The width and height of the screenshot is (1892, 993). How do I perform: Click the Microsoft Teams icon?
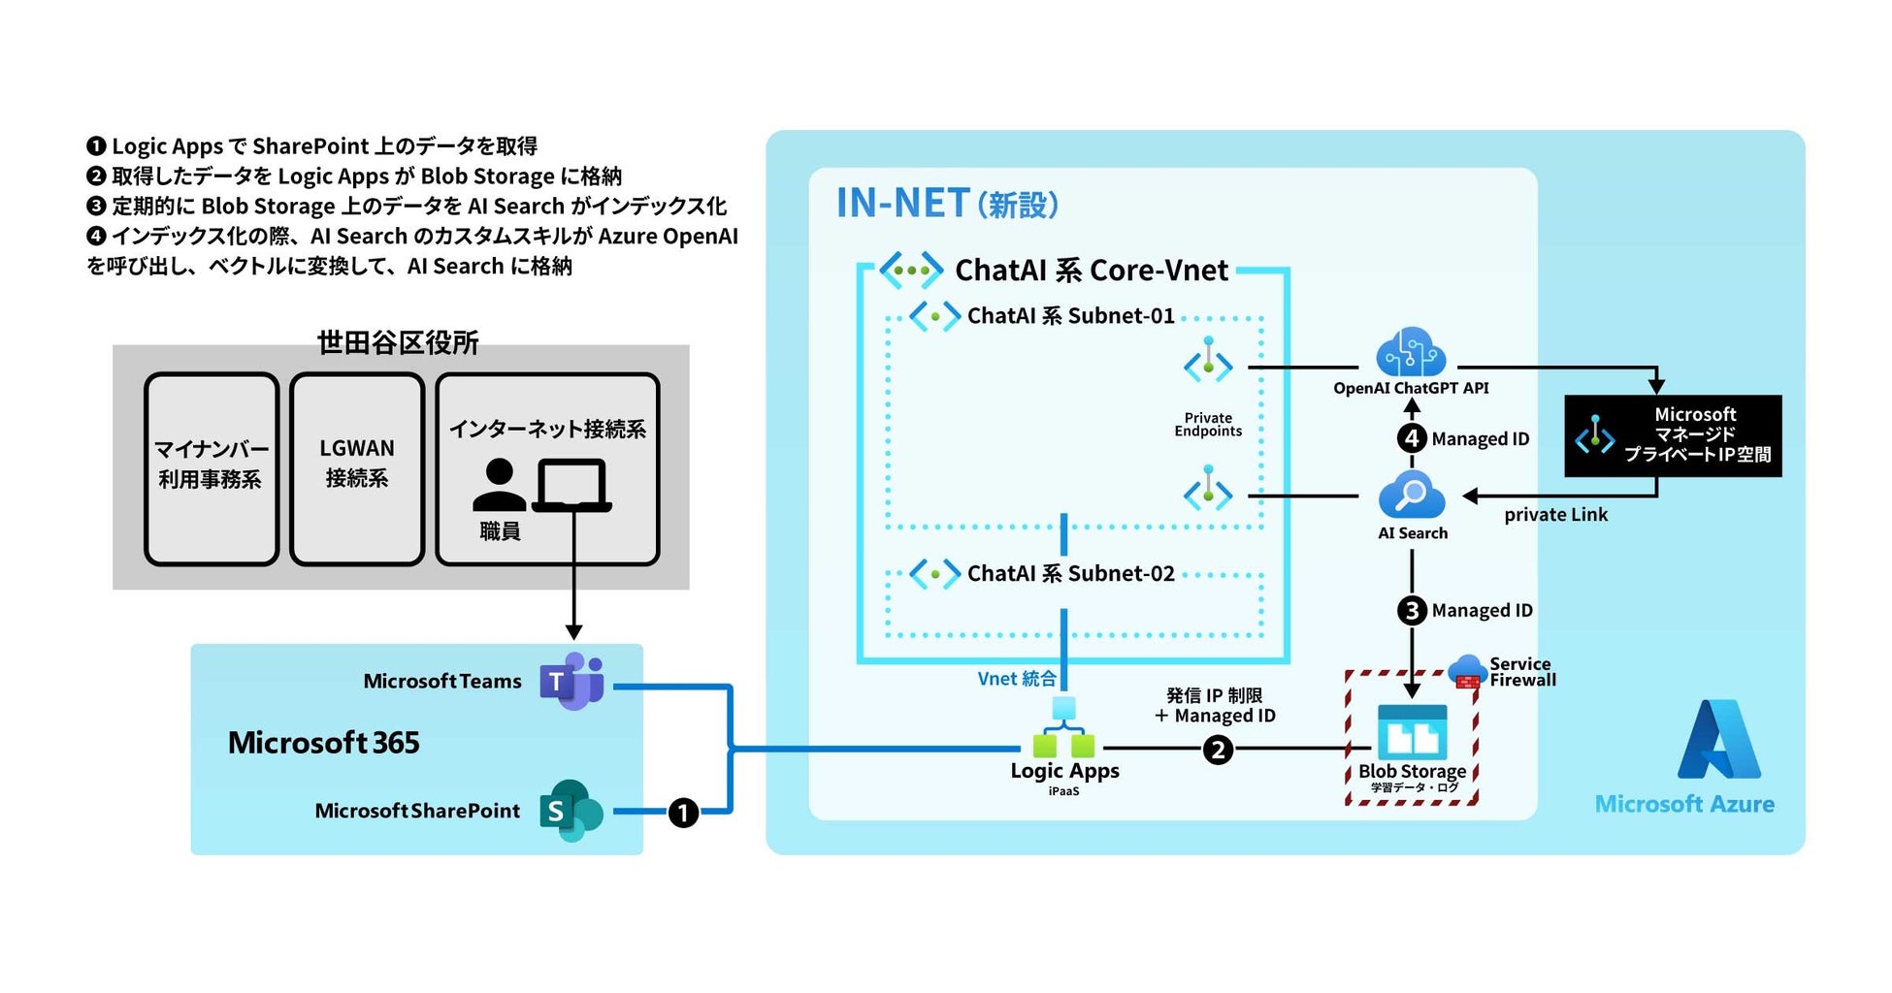(x=572, y=681)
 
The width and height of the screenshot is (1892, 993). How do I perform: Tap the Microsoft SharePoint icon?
(x=571, y=811)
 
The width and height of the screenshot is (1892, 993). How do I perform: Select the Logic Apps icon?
(x=1063, y=729)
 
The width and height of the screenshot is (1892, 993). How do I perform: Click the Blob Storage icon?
(x=1412, y=733)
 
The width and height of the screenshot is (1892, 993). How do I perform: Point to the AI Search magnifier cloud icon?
(x=1412, y=495)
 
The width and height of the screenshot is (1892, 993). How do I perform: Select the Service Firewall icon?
(x=1467, y=671)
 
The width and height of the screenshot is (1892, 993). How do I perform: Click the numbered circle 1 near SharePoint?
(x=683, y=812)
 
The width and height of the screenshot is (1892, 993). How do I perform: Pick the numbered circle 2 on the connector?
(x=1218, y=750)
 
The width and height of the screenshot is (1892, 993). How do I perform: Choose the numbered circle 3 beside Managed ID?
(x=1412, y=611)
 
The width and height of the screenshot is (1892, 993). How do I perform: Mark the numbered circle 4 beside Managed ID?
(x=1412, y=438)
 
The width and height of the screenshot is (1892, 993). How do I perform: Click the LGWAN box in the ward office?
(x=357, y=468)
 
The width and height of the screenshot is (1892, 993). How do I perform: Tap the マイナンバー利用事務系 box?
(x=212, y=468)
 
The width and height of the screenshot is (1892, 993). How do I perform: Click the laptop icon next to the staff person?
(x=572, y=486)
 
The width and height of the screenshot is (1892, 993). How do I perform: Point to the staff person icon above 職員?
(x=499, y=485)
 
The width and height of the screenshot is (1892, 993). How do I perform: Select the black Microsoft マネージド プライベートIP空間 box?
(x=1673, y=435)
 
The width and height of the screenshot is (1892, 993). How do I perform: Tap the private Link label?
(x=1555, y=515)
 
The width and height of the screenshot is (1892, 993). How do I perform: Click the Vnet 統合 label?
(x=1016, y=679)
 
